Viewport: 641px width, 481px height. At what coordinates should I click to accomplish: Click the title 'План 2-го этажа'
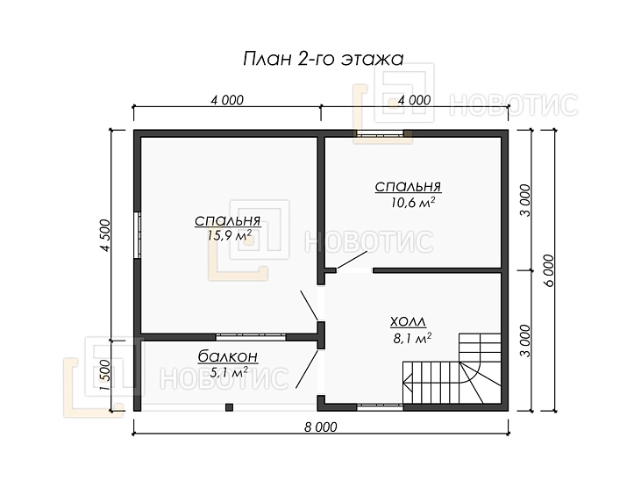(323, 59)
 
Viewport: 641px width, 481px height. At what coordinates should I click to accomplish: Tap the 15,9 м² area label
(229, 236)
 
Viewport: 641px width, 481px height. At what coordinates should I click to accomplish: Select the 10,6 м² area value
(412, 202)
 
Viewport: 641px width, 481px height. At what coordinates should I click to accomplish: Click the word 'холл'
(408, 322)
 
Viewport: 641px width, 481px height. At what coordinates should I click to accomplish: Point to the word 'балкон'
(228, 356)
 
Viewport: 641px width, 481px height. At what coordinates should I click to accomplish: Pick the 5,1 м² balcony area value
(229, 372)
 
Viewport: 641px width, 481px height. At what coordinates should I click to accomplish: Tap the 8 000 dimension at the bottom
(321, 427)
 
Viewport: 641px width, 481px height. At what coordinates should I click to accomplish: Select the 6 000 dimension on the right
(548, 270)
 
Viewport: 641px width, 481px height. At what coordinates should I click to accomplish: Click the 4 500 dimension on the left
(105, 235)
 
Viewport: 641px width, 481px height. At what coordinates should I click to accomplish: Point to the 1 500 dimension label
(105, 376)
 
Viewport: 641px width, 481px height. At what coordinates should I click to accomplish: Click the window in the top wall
(379, 133)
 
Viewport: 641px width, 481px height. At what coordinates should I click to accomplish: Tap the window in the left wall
(138, 235)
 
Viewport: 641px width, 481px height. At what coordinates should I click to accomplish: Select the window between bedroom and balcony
(251, 337)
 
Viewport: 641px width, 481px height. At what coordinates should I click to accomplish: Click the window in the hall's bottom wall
(380, 407)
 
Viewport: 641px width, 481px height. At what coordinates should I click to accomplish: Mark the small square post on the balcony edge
(230, 407)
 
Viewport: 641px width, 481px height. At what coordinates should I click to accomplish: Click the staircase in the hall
(452, 369)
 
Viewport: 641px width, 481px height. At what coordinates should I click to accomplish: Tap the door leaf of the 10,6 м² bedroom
(352, 260)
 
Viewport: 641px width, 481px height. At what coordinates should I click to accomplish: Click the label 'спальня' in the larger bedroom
(227, 220)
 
